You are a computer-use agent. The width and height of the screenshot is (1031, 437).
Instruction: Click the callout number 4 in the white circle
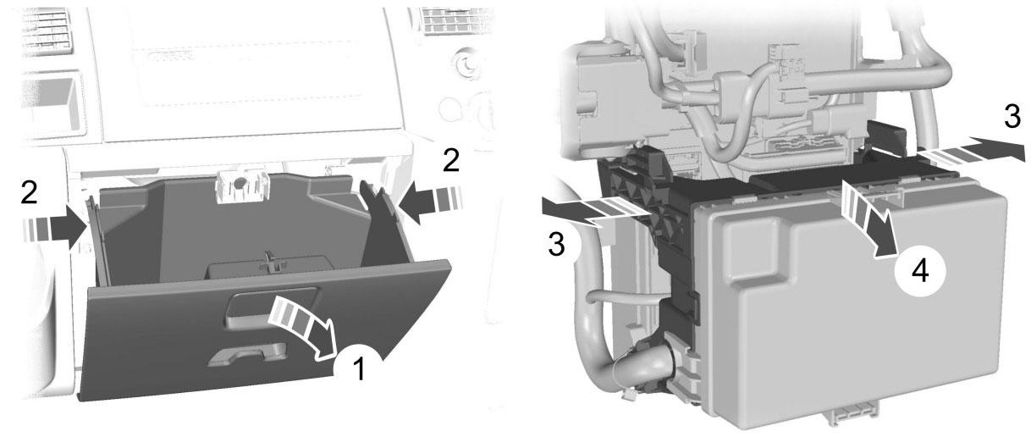point(920,271)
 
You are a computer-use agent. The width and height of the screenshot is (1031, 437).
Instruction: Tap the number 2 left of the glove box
point(29,192)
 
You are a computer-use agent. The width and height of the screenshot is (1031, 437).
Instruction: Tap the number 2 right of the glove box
point(450,161)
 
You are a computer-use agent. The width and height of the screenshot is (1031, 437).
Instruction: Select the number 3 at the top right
point(1012,117)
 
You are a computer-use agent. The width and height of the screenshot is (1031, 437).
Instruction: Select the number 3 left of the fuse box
point(556,244)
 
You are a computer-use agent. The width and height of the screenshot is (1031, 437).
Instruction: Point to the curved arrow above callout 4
point(868,218)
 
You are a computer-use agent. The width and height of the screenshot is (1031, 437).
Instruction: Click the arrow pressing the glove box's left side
point(54,228)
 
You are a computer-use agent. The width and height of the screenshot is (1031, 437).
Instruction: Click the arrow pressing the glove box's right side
point(430,202)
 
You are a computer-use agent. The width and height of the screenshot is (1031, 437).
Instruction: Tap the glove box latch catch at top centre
point(240,185)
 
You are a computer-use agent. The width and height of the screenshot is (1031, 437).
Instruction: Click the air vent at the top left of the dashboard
point(46,29)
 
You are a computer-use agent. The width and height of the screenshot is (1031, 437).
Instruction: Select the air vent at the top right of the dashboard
point(454,21)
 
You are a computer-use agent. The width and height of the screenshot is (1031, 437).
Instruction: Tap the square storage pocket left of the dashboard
point(52,104)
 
